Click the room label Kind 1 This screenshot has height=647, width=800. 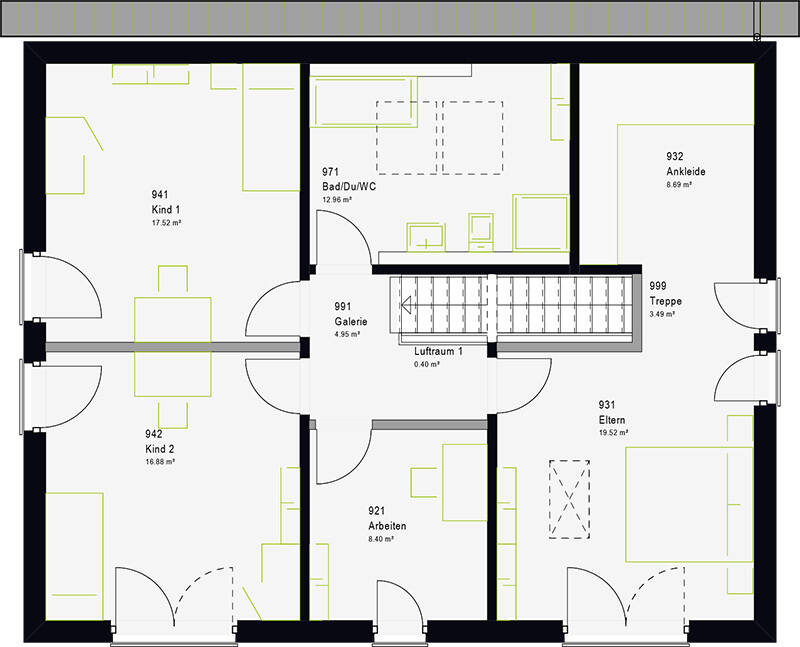pyautogui.click(x=165, y=210)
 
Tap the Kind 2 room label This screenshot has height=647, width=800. pyautogui.click(x=160, y=449)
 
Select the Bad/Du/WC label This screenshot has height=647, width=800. pyautogui.click(x=349, y=187)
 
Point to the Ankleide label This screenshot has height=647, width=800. pyautogui.click(x=686, y=171)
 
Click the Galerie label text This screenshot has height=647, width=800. pyautogui.click(x=351, y=321)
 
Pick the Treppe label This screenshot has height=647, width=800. pyautogui.click(x=665, y=301)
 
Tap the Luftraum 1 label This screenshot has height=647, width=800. pyautogui.click(x=438, y=351)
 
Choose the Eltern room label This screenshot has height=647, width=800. pyautogui.click(x=612, y=420)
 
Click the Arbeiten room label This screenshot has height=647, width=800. pyautogui.click(x=387, y=526)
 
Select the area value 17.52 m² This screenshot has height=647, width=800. pyautogui.click(x=166, y=223)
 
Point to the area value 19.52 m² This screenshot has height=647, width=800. pyautogui.click(x=613, y=433)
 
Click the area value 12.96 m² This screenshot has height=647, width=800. pyautogui.click(x=337, y=200)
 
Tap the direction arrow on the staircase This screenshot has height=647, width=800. pyautogui.click(x=407, y=306)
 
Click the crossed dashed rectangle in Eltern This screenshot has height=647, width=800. pyautogui.click(x=569, y=500)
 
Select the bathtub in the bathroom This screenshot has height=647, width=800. pyautogui.click(x=364, y=102)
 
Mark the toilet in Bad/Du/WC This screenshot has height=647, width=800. pyautogui.click(x=481, y=232)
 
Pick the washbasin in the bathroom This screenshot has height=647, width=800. pyautogui.click(x=426, y=237)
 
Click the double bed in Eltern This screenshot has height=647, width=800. pyautogui.click(x=689, y=505)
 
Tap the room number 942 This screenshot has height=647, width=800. pyautogui.click(x=154, y=434)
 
